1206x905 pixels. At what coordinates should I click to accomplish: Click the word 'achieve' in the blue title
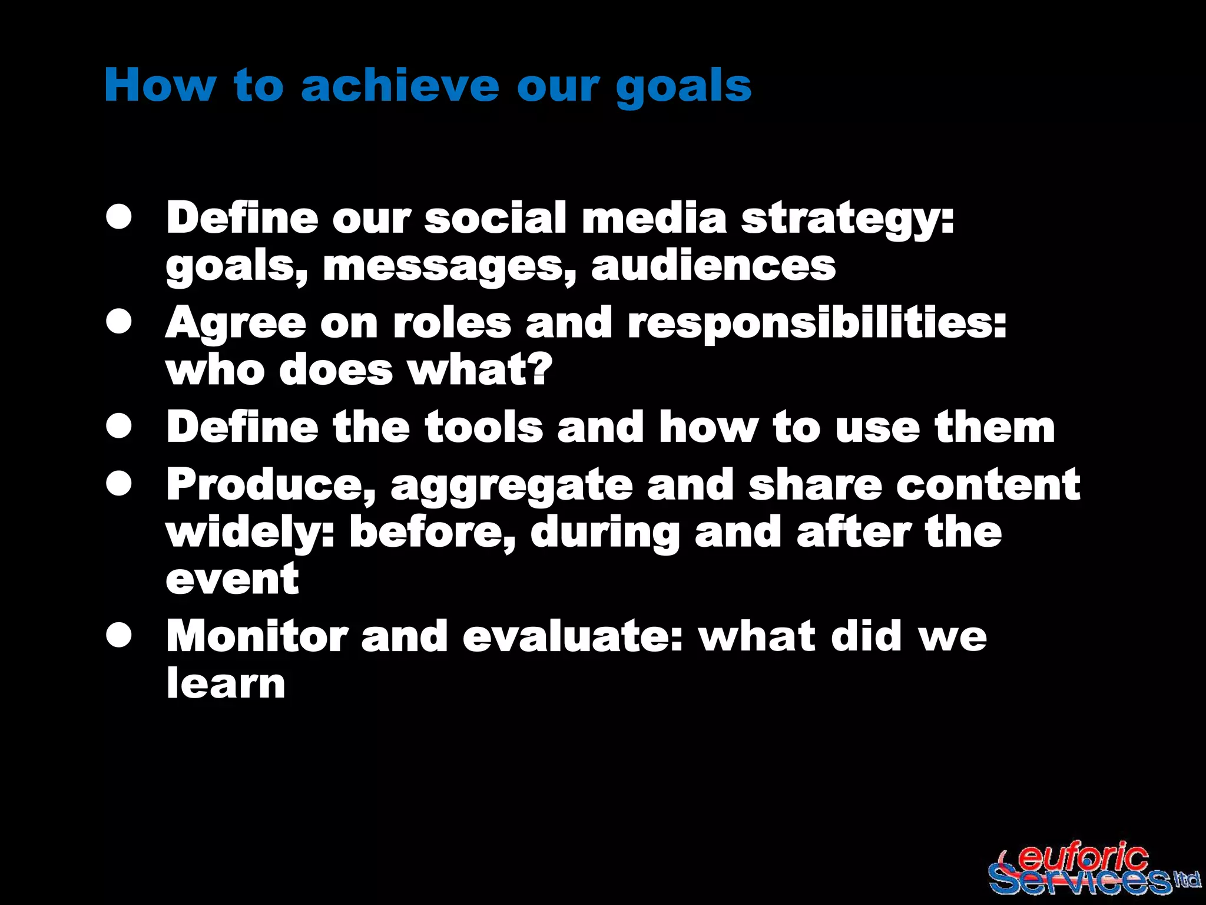tap(400, 85)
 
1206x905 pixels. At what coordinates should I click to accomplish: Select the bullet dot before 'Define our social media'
tap(119, 217)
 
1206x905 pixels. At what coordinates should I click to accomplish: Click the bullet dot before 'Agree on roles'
tap(119, 322)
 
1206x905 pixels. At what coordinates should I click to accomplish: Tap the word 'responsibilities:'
tap(817, 325)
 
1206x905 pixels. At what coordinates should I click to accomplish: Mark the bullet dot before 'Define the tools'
tap(119, 427)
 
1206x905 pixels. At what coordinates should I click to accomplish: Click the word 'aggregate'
tap(511, 487)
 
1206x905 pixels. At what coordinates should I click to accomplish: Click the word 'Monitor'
tap(256, 636)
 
